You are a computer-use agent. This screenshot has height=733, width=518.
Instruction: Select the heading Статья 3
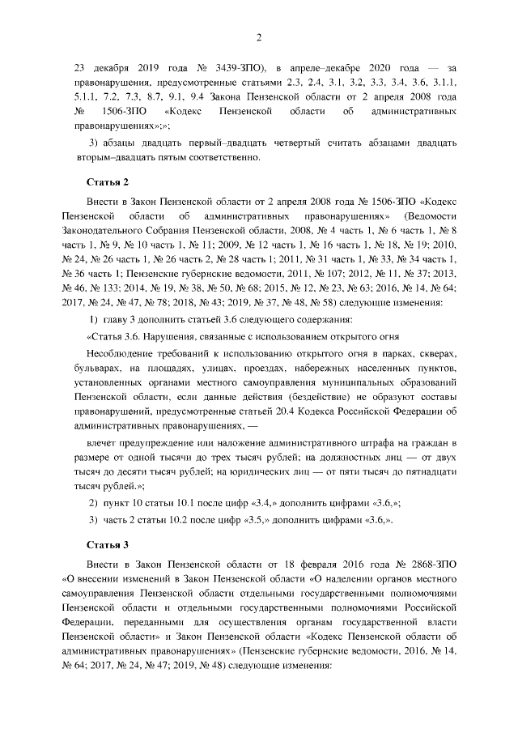click(x=103, y=543)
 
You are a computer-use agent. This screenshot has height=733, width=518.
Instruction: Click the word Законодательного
click(x=107, y=231)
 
